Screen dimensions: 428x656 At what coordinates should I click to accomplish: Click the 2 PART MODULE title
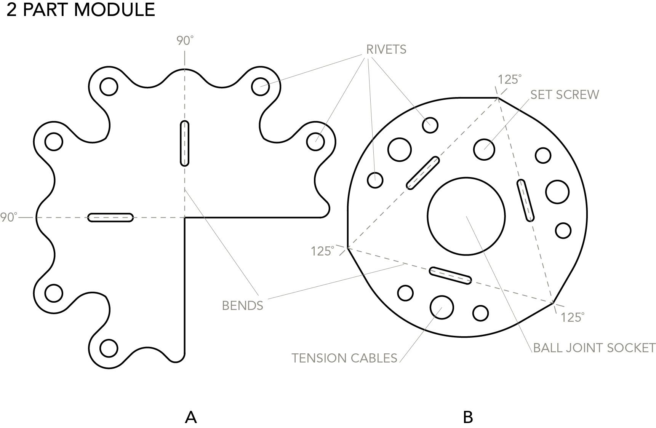pos(81,10)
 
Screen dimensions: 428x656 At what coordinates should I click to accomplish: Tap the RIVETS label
pos(386,50)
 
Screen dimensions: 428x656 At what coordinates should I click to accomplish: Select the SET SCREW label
pos(565,94)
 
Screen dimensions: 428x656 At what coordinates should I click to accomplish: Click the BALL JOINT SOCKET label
pos(594,348)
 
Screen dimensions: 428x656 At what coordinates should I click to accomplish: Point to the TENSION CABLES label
pos(344,358)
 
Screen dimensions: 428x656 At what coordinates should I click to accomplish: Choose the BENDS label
pos(242,305)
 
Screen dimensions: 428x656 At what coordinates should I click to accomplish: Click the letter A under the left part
pos(190,417)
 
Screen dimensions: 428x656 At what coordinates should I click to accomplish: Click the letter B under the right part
pos(468,417)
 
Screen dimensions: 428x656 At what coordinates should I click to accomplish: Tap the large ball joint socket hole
pos(466,216)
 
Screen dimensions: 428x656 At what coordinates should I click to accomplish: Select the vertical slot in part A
pos(184,143)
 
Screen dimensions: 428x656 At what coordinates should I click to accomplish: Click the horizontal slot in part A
pos(110,217)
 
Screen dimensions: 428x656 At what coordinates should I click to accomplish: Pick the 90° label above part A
pos(185,41)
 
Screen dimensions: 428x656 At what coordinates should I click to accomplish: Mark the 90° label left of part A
pos(8,217)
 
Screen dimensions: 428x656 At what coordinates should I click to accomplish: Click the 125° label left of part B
pos(322,251)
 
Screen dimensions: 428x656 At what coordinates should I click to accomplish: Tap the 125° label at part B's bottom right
pos(572,317)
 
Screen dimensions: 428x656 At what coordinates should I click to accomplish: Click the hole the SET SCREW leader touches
pos(484,149)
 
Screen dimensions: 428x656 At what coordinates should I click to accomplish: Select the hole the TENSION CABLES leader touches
pos(442,307)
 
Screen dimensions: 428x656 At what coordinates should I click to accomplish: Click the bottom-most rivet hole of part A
pos(109,348)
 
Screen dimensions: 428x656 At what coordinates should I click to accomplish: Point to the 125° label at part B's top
pos(509,80)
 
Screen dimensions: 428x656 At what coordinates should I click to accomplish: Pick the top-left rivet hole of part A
pos(109,87)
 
